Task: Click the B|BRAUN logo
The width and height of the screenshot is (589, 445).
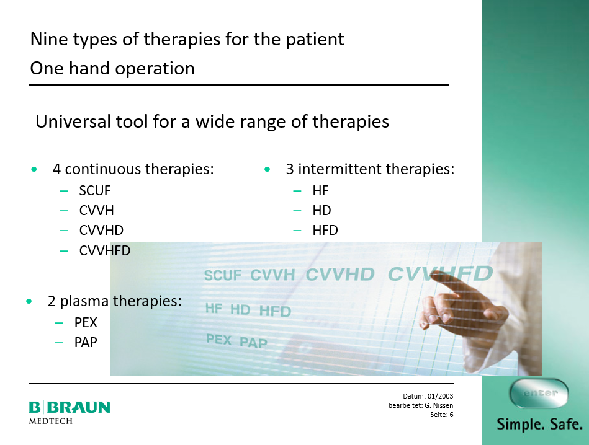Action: point(70,407)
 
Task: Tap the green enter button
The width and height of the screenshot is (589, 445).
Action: point(539,393)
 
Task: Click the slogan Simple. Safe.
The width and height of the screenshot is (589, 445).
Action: point(540,425)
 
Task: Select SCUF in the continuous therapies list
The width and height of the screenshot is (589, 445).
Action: point(95,191)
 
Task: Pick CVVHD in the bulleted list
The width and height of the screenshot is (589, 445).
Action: point(101,231)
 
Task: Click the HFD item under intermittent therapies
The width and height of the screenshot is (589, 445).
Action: point(325,231)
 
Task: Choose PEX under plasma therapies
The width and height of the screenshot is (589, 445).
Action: point(86,323)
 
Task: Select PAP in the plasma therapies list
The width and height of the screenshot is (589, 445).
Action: point(86,343)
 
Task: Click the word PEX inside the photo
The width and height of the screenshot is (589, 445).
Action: point(219,340)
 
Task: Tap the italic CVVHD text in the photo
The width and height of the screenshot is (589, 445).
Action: point(340,275)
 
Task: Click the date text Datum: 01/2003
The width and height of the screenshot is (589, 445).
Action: point(428,396)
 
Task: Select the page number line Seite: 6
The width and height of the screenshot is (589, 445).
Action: point(442,415)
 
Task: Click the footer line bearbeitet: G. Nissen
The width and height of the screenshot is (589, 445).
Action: point(421,405)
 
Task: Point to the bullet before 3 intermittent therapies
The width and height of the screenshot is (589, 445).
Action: point(267,169)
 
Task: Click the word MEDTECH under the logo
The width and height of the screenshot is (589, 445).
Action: point(51,421)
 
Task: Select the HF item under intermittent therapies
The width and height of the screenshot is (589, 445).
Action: point(320,191)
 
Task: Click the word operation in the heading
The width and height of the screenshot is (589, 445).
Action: point(155,69)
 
